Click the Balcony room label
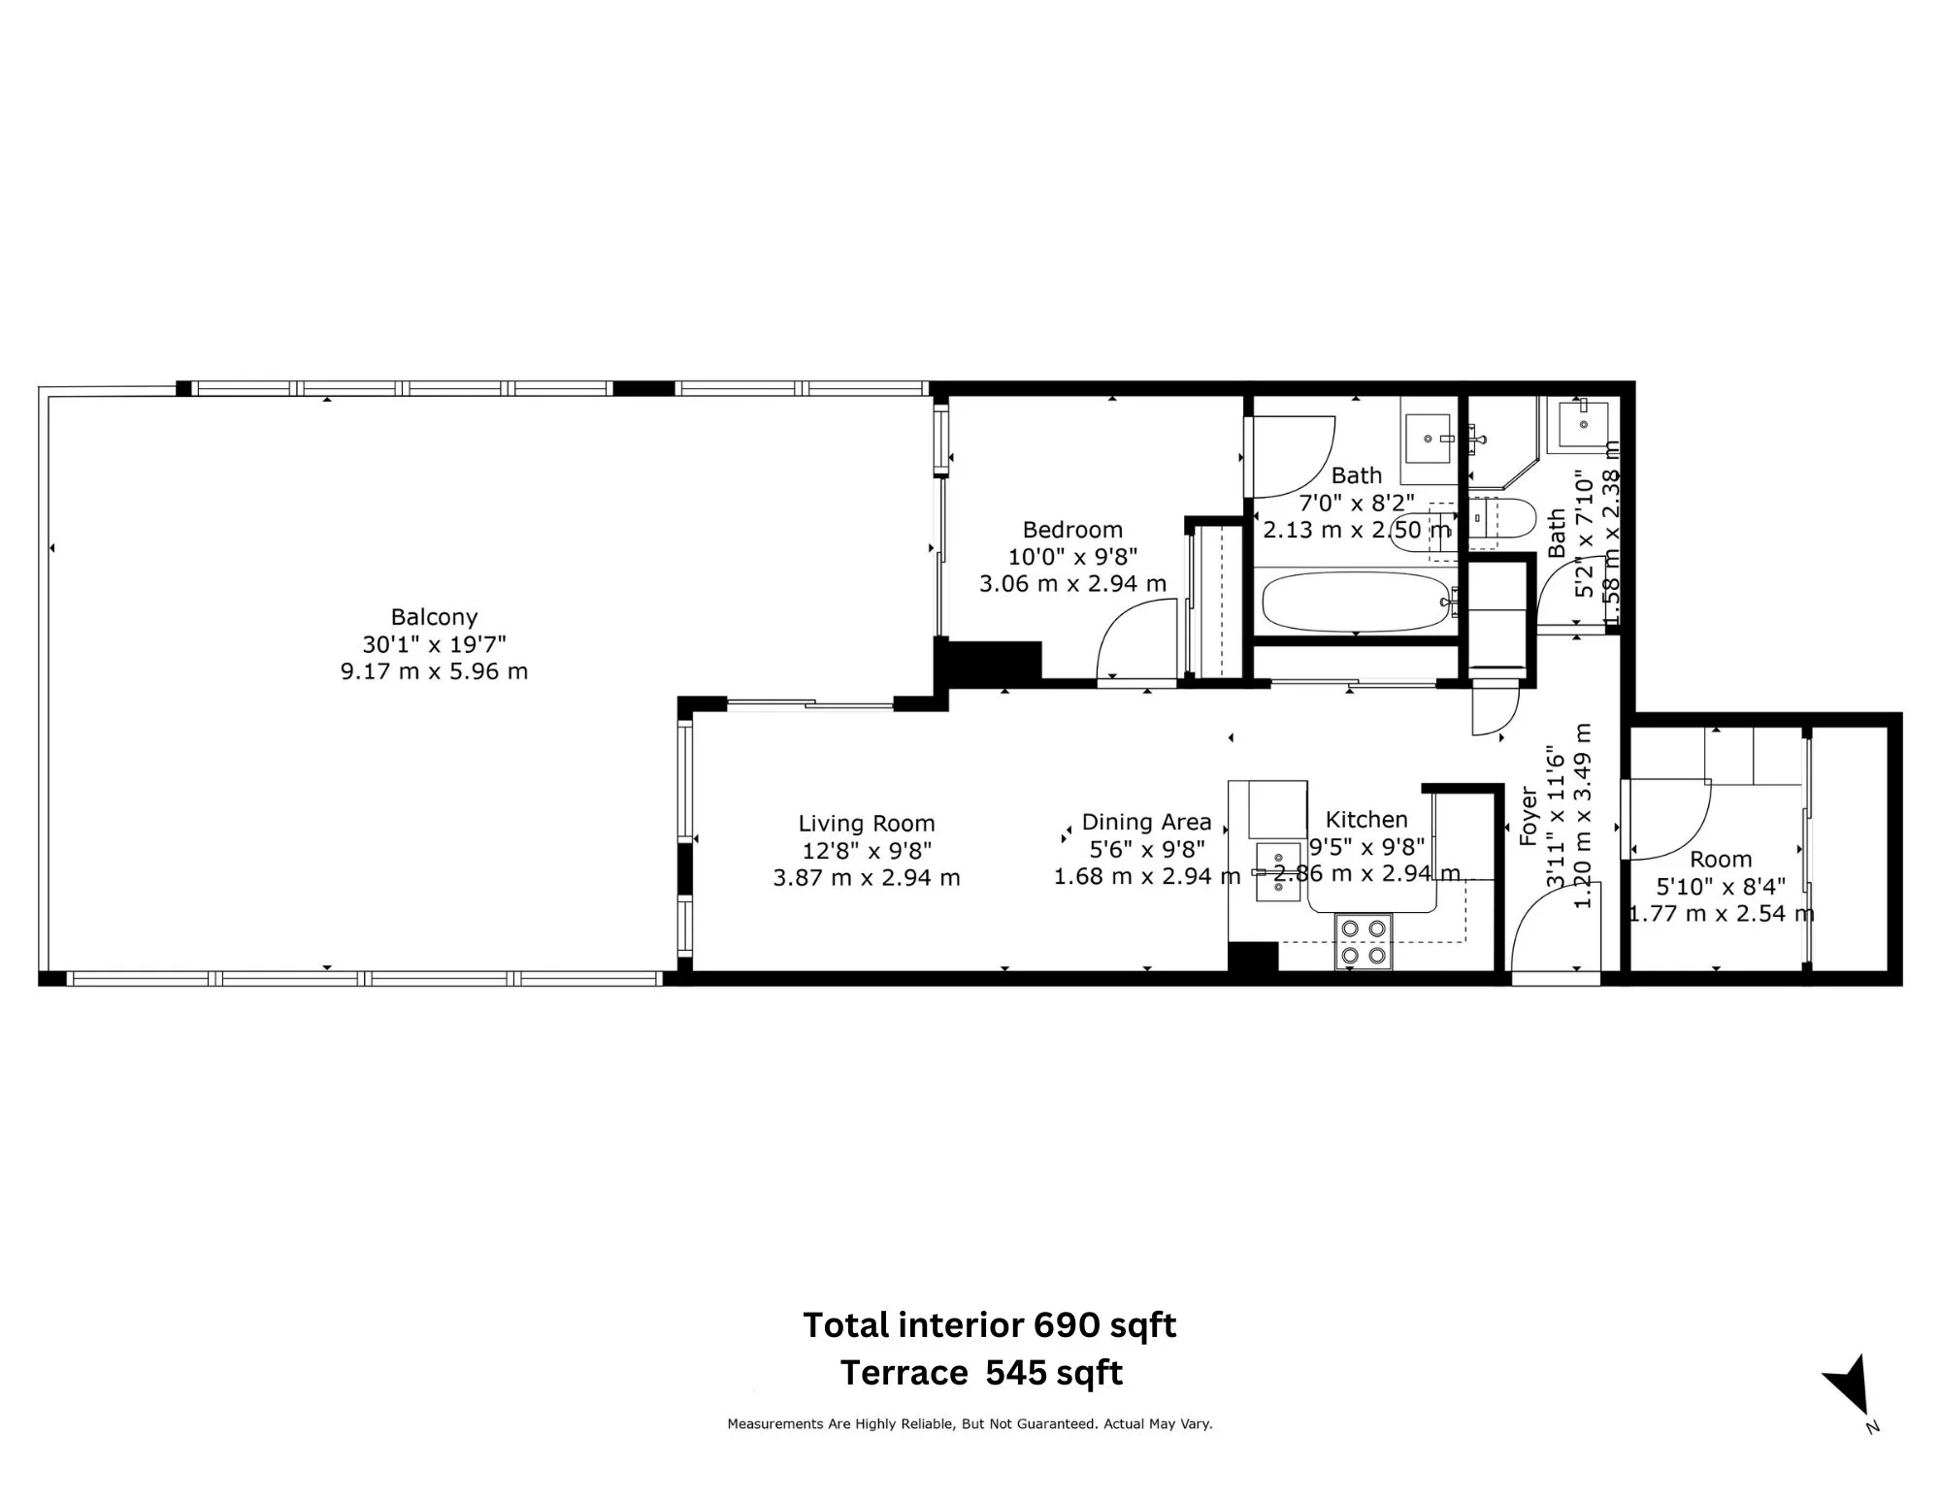434,617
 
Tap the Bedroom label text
1072,530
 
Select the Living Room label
867,824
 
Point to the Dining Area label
1146,823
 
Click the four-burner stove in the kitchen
1363,942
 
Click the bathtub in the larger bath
1356,602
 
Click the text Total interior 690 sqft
989,1325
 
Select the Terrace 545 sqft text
981,1373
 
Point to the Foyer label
1528,816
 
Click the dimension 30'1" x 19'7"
434,644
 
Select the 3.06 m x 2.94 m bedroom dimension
1072,584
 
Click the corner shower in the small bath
1502,441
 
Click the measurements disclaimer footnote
970,1424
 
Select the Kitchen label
1365,820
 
